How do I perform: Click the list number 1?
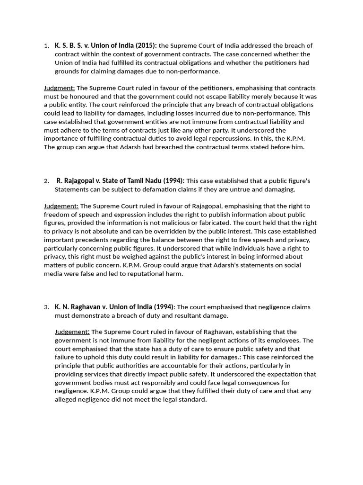pos(46,46)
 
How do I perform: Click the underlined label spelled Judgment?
pos(59,88)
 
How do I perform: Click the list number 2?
pos(46,181)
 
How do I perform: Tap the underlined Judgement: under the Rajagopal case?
pos(61,206)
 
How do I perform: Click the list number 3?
pos(46,307)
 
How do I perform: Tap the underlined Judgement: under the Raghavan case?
pos(72,332)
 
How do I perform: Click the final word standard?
pos(191,399)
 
